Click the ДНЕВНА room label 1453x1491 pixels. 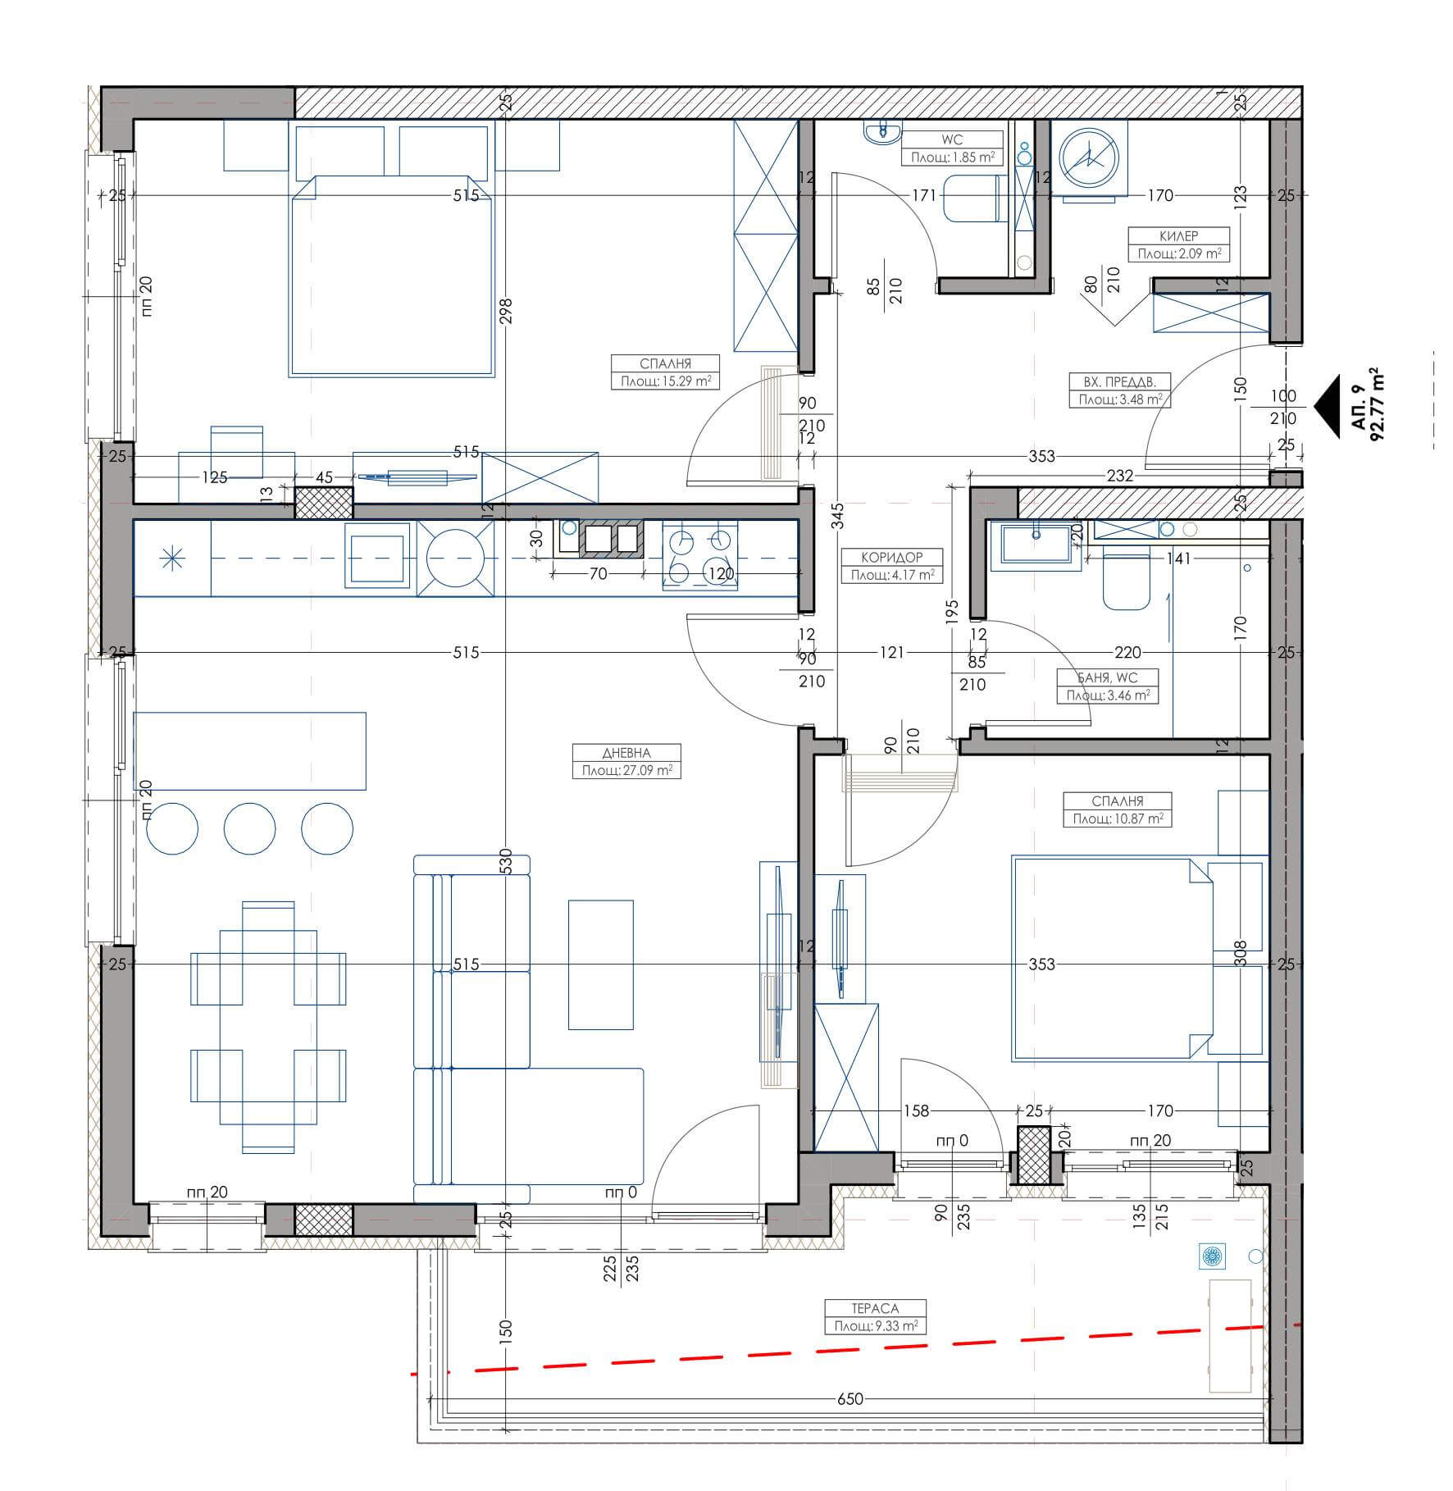point(626,753)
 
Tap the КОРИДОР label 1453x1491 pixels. point(892,557)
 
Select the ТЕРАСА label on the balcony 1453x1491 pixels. point(875,1309)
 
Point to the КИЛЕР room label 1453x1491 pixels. point(1178,236)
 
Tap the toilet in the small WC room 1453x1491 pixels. point(971,198)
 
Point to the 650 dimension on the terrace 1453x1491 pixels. point(850,1399)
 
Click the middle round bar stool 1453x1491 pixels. point(250,828)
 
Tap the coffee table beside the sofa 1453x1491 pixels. point(601,964)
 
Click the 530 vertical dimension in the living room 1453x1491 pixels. point(505,862)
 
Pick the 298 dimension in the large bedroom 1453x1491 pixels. point(505,312)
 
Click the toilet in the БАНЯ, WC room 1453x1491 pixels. point(1127,581)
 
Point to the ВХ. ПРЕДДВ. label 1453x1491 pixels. point(1119,381)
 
